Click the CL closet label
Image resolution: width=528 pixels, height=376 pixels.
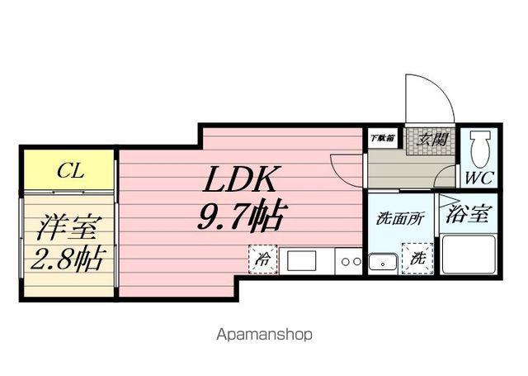coord(69,172)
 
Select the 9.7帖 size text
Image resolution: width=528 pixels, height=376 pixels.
coord(240,217)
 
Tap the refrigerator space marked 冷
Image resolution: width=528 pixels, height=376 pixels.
coord(263,259)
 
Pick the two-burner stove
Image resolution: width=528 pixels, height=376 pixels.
coord(350,261)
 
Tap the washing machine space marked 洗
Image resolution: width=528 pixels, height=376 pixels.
coord(416,259)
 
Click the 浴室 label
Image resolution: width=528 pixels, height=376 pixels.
coord(467,215)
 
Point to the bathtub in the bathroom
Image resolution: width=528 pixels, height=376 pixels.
coord(468,254)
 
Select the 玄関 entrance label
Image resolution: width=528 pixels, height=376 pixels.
coord(432,140)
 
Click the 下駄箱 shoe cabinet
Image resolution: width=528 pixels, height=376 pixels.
coord(380,138)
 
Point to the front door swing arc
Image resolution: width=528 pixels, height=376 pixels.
coord(433,99)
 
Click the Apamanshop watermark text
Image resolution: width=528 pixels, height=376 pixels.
coord(263,335)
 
